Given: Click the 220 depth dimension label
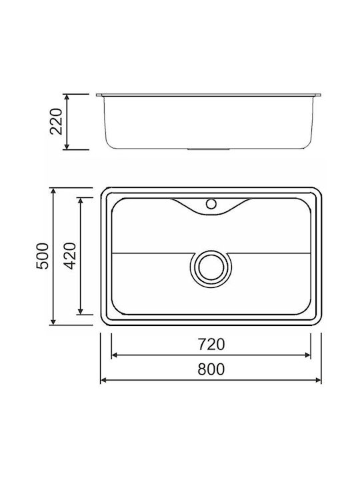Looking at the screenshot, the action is (56, 121).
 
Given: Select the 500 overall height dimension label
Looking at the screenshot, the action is (43, 256).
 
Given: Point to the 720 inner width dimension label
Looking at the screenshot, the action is (211, 344).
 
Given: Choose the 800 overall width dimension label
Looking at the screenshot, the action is (211, 369).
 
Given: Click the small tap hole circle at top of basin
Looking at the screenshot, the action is (211, 203).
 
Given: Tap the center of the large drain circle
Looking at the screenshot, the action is (211, 267).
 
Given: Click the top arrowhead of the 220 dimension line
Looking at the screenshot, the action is (67, 97).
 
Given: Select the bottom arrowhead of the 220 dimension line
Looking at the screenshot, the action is (67, 146).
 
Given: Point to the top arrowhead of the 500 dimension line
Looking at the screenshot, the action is (53, 191).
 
